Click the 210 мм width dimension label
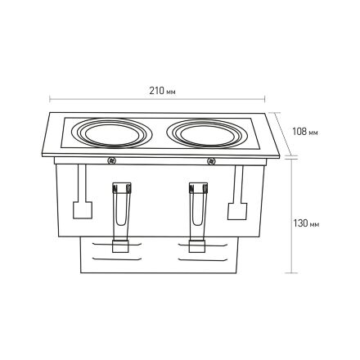tap(162, 91)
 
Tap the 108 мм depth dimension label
tap(305, 132)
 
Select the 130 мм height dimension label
tap(306, 223)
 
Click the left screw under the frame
tap(111, 160)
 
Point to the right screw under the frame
tap(211, 161)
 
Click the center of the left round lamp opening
tap(111, 133)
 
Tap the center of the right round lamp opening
tap(208, 134)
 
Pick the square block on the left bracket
tap(83, 210)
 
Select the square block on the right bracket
tap(237, 211)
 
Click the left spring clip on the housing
tap(121, 204)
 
